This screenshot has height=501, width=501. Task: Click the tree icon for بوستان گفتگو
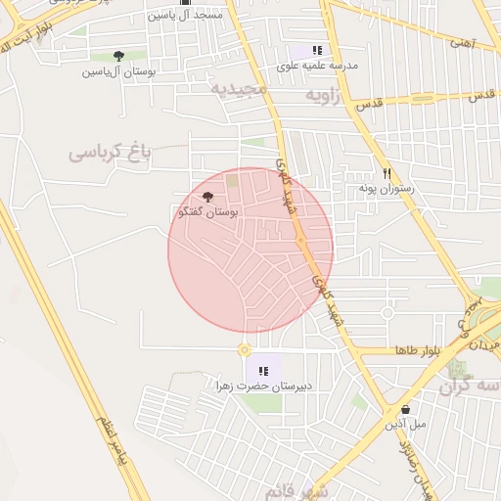206,197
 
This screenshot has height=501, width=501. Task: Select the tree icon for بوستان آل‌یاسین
118,57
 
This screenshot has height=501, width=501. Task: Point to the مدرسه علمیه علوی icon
316,50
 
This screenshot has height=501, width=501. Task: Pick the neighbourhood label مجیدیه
239,89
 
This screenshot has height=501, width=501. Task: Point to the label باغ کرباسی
112,153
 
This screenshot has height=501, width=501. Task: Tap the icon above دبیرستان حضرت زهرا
263,371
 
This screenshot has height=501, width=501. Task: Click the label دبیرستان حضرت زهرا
265,387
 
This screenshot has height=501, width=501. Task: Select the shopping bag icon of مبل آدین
405,409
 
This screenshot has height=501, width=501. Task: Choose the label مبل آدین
405,425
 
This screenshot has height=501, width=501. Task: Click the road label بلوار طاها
419,349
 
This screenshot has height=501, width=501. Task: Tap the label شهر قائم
298,489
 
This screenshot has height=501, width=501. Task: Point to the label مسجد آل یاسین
185,16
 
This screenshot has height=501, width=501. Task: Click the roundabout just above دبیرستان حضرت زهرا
244,349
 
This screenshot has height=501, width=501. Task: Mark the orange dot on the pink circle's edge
300,241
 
